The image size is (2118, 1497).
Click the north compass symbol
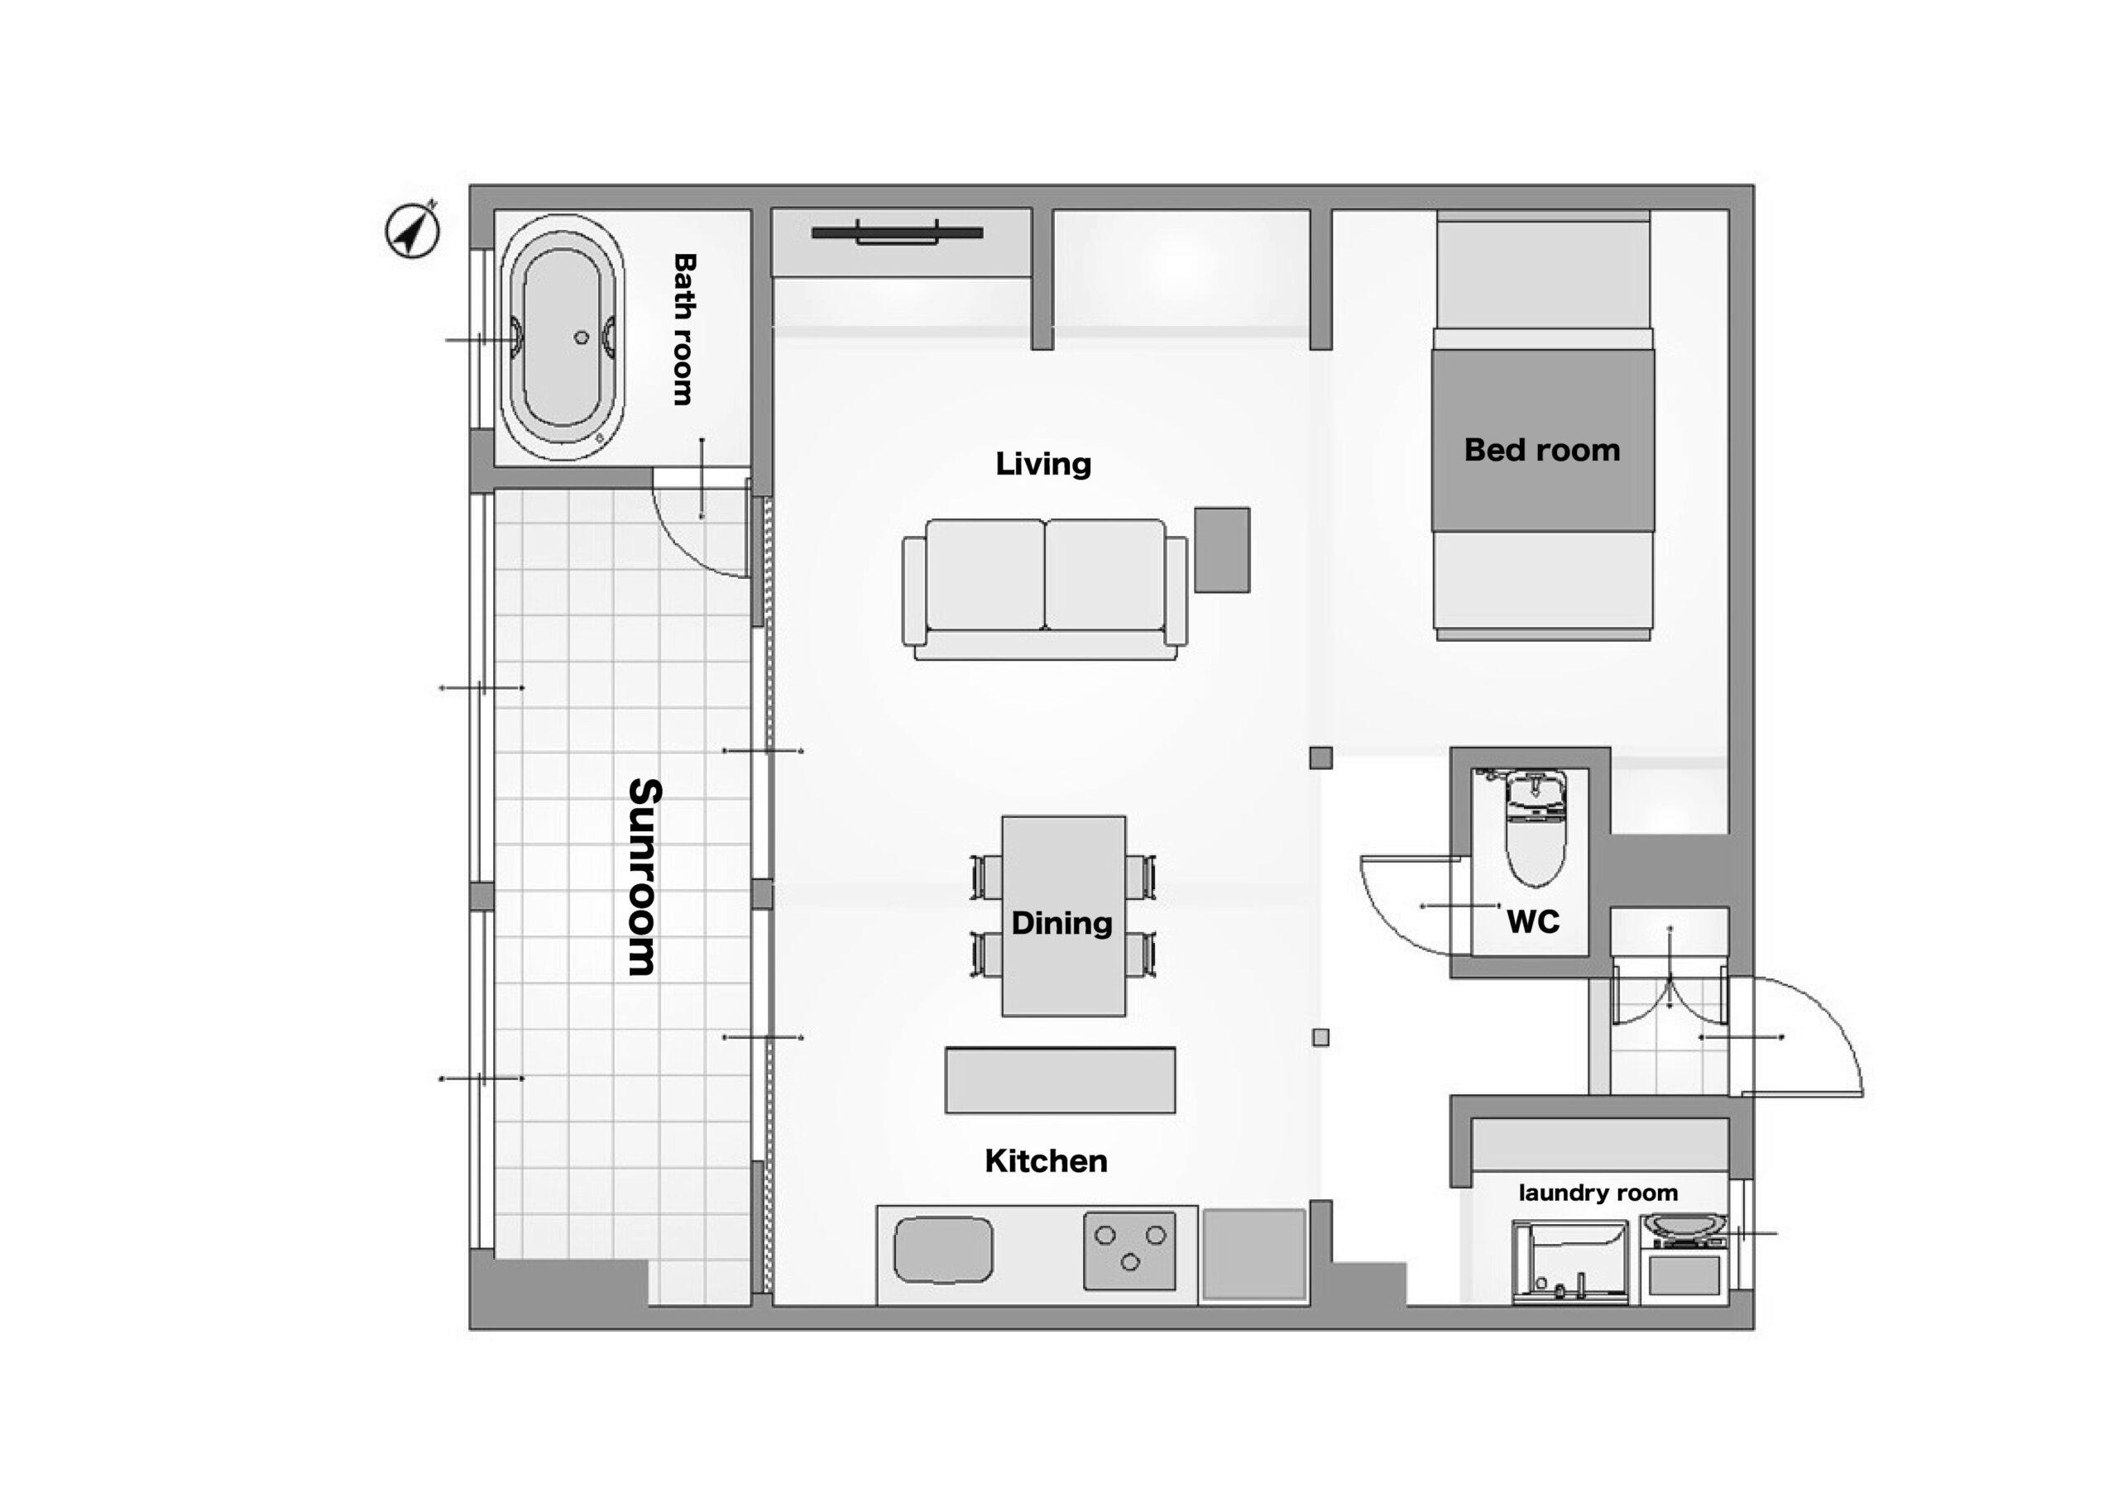point(411,230)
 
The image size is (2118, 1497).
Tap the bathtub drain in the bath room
point(581,337)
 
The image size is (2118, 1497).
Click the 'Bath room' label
point(683,329)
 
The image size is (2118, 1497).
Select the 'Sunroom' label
point(644,878)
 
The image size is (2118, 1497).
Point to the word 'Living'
point(1043,463)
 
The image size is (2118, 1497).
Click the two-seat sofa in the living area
point(1045,589)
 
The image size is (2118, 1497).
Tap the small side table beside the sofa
point(1222,550)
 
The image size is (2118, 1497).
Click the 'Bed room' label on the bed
point(1542,450)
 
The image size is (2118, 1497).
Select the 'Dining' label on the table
point(1061,923)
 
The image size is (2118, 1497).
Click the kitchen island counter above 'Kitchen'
point(1060,1080)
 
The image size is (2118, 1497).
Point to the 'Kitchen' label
point(1046,1161)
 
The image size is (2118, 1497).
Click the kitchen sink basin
point(944,1251)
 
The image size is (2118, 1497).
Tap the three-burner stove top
point(1130,1251)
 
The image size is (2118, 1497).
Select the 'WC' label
point(1533,921)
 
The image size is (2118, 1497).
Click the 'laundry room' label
point(1598,1193)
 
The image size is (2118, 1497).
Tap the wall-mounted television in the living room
point(897,232)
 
